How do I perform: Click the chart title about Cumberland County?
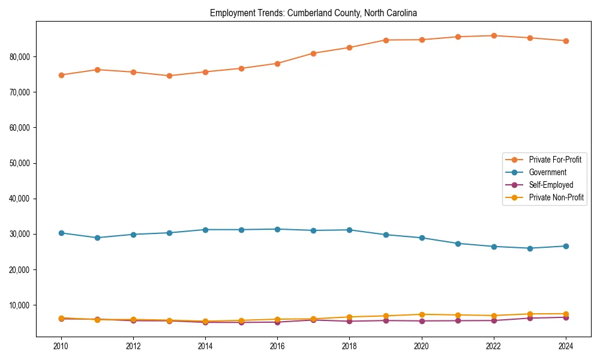click(313, 13)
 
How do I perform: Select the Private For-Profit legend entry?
click(555, 160)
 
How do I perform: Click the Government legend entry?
click(547, 172)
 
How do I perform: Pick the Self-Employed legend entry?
click(551, 185)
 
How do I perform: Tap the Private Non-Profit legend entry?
click(556, 197)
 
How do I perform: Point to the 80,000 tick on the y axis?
click(21, 56)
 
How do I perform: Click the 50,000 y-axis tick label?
click(21, 163)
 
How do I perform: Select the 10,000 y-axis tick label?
click(21, 305)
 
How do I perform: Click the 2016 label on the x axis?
click(277, 346)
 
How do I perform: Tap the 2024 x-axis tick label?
click(565, 346)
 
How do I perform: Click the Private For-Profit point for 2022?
click(494, 35)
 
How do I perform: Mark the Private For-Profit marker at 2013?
click(169, 76)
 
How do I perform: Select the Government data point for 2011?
click(97, 238)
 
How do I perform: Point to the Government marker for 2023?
click(530, 248)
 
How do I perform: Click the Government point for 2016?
click(277, 229)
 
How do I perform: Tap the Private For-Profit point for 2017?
click(313, 53)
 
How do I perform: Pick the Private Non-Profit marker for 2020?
click(422, 314)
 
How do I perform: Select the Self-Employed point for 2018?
click(350, 321)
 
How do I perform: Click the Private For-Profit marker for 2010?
click(61, 75)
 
